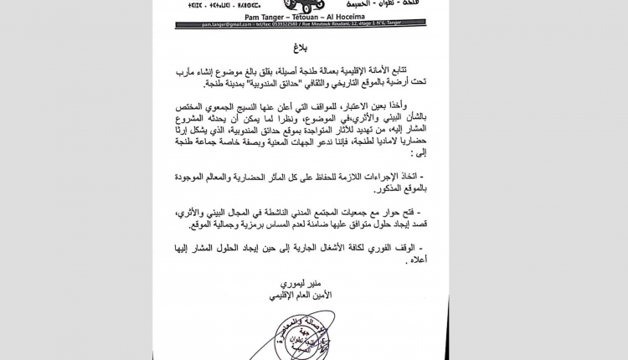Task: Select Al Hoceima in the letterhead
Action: (x=361, y=16)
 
